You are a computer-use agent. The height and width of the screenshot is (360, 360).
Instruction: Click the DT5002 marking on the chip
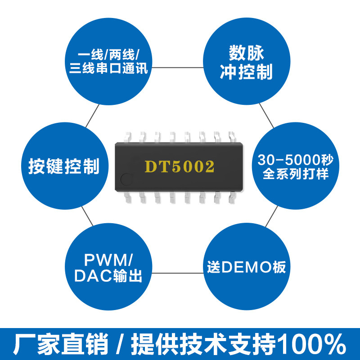coord(179,166)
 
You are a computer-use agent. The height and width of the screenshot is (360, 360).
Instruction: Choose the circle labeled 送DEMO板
coord(246,267)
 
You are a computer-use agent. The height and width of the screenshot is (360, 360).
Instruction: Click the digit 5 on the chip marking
coord(174,166)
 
